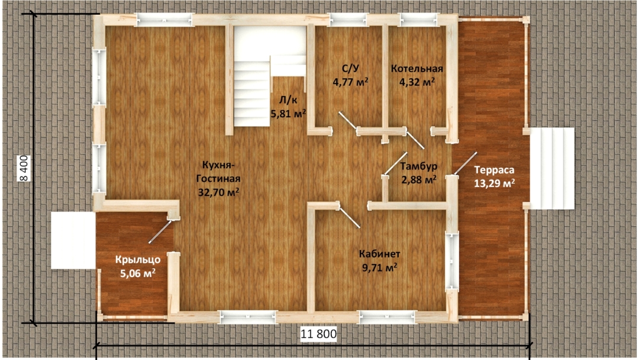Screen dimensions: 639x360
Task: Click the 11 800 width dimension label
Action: point(319,334)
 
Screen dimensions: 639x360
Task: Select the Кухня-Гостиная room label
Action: point(218,172)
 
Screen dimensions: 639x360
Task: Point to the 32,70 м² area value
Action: point(218,192)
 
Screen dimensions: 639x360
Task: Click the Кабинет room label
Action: point(379,254)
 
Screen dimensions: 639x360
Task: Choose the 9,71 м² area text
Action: point(380,268)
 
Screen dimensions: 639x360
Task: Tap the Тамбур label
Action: point(418,166)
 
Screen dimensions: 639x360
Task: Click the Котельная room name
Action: point(417,69)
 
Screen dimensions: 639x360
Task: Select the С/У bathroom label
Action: point(350,68)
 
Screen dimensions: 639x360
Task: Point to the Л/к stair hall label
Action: point(288,100)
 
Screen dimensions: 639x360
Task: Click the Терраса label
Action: point(494,169)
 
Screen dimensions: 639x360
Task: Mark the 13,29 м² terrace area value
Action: point(494,183)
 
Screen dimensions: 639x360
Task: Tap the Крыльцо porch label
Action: point(138,260)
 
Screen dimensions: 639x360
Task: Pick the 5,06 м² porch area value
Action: point(138,273)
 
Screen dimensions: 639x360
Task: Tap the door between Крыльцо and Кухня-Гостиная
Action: point(160,231)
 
